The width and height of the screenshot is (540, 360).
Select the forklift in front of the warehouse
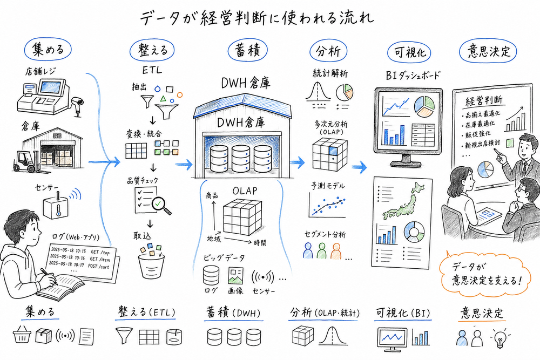(25, 161)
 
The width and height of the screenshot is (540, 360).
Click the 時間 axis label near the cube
(259, 243)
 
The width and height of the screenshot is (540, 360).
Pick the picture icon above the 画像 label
(235, 277)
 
